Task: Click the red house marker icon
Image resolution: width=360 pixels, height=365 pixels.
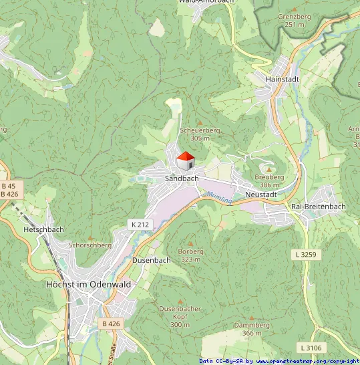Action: click(x=185, y=161)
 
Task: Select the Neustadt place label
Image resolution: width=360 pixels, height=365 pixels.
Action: click(x=260, y=194)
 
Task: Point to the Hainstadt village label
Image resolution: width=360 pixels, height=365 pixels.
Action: click(x=282, y=79)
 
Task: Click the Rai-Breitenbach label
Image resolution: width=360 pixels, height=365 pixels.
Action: click(x=319, y=207)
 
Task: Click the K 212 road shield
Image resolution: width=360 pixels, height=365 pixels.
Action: click(x=140, y=225)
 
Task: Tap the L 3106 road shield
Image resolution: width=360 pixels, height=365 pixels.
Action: click(x=311, y=348)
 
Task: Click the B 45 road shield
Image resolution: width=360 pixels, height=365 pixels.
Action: click(x=9, y=185)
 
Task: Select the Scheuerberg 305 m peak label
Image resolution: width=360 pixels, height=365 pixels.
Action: click(x=200, y=134)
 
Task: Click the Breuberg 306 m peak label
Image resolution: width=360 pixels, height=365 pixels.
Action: click(x=269, y=180)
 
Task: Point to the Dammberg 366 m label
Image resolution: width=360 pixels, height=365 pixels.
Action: click(x=252, y=328)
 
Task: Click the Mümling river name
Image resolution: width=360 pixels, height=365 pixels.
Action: click(x=218, y=198)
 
